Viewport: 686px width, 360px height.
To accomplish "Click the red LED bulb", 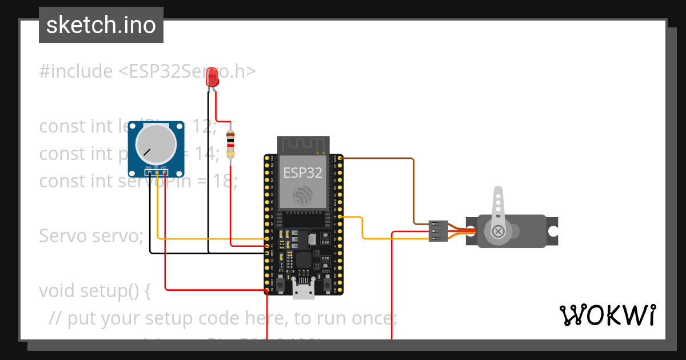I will pos(213,77).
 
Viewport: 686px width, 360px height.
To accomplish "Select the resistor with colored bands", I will pos(230,143).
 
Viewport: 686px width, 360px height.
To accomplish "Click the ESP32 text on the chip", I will pos(304,173).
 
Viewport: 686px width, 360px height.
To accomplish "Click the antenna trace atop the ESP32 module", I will pos(304,145).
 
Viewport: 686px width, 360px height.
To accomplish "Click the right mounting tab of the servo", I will pos(553,231).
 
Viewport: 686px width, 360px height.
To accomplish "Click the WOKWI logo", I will pos(607,315).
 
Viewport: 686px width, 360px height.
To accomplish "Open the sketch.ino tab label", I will pos(101,25).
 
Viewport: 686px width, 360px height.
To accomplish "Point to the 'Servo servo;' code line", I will pos(91,235).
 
